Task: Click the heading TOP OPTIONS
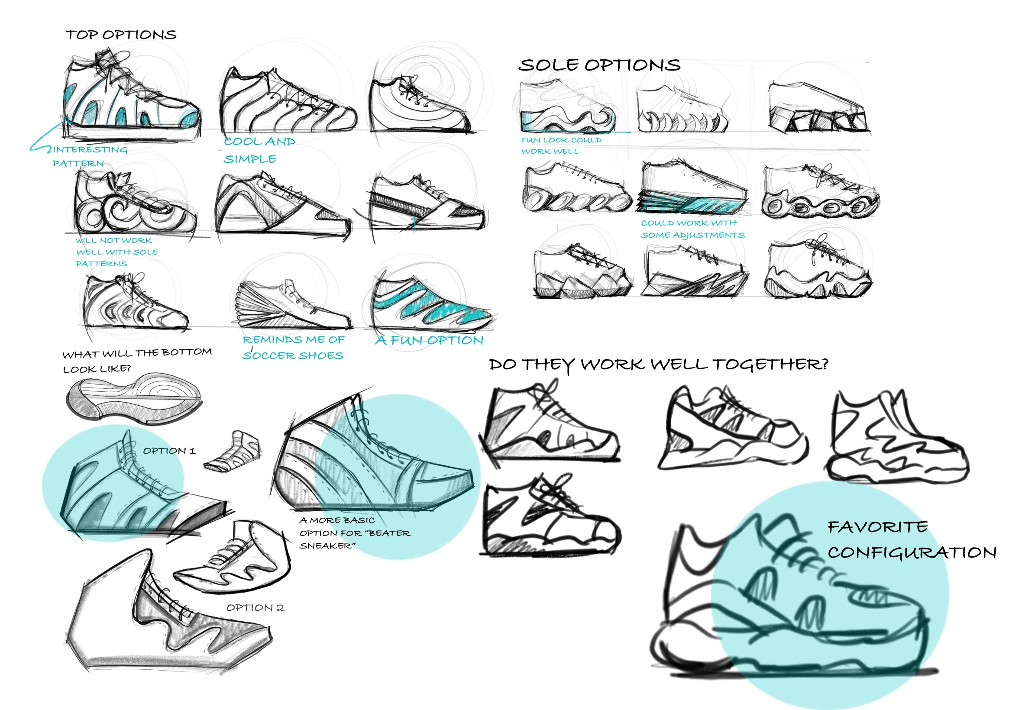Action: tap(121, 35)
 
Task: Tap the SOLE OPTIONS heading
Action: tap(599, 65)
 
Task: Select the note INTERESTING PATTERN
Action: tap(89, 156)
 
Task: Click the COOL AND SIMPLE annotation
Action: tap(259, 150)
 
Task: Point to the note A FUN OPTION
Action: tap(429, 341)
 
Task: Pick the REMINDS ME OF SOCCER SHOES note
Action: tap(293, 348)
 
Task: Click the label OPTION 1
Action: tap(168, 451)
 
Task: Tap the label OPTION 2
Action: tap(255, 608)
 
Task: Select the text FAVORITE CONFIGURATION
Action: tap(911, 539)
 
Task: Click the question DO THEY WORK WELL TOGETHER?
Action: tap(658, 365)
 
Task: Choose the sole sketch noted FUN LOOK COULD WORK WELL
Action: tap(567, 107)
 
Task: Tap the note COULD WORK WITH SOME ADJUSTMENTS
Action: tap(692, 229)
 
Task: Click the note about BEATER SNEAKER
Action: tap(354, 532)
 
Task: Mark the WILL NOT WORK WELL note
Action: tap(116, 252)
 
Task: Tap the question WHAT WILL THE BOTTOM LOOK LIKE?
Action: tap(136, 361)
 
